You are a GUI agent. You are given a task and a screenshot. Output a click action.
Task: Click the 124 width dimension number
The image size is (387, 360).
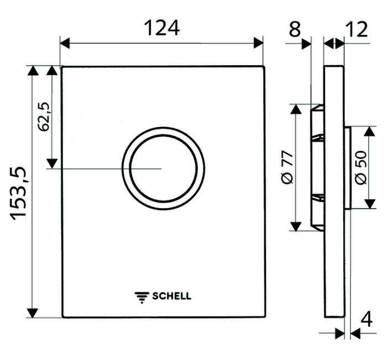click(x=161, y=28)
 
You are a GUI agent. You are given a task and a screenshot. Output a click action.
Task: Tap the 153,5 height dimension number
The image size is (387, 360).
click(x=18, y=194)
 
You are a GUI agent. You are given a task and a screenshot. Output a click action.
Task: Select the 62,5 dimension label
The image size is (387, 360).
click(x=44, y=117)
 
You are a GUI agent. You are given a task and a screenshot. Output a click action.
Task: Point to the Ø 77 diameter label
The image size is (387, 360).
click(x=287, y=167)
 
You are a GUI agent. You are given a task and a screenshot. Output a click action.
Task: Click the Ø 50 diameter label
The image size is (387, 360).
click(x=361, y=167)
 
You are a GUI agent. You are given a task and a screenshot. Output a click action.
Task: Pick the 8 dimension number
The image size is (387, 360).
click(x=295, y=29)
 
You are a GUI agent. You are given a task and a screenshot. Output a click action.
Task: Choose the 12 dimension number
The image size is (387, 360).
click(x=357, y=29)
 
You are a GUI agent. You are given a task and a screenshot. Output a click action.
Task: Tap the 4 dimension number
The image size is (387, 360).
click(x=367, y=320)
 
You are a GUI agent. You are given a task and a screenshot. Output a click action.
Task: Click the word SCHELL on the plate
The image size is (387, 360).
click(x=171, y=296)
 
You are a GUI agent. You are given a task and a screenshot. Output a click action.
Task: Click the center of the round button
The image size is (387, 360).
click(x=163, y=168)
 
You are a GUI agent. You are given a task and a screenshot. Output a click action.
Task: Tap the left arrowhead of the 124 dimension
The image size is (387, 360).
click(x=65, y=43)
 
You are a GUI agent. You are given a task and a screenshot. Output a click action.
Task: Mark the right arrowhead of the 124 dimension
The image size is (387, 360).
click(x=258, y=43)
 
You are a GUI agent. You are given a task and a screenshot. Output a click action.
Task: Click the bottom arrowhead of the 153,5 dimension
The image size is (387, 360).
click(x=32, y=313)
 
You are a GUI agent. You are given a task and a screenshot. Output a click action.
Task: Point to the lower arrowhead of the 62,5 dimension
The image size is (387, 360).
click(x=52, y=163)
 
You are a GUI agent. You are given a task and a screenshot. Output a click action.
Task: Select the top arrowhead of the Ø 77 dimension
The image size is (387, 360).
click(x=296, y=109)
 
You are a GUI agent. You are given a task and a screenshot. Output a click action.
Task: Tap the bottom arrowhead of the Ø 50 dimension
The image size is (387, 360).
click(x=369, y=204)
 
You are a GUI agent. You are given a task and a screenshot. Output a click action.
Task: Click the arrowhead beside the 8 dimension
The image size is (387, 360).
click(x=306, y=44)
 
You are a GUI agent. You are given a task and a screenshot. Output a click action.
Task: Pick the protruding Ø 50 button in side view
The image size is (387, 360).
click(x=347, y=168)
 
